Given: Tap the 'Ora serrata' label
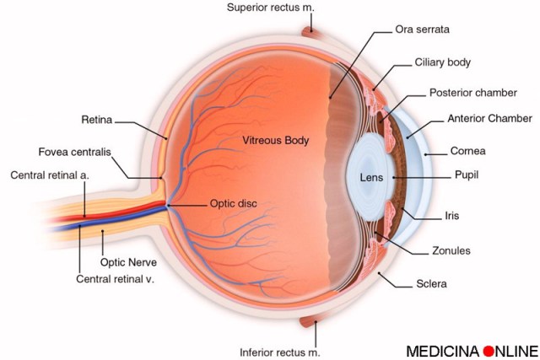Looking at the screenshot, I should tap(422, 29).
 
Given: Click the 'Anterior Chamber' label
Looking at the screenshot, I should tap(490, 119).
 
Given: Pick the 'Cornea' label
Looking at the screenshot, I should tap(467, 152).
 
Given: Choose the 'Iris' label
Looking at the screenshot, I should tap(451, 216).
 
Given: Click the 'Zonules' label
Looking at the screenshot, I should tap(451, 250).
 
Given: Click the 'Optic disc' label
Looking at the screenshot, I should tap(235, 203).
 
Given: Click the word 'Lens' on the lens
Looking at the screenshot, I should tap(372, 179).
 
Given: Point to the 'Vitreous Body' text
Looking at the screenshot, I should tap(276, 140).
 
